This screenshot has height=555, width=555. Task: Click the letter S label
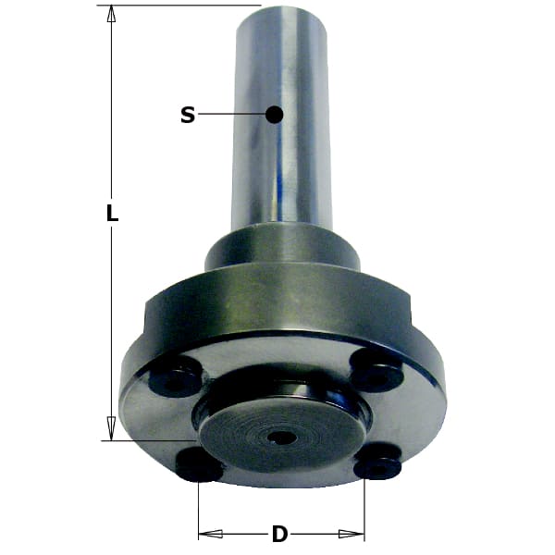(188, 115)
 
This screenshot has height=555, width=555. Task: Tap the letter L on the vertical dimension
(112, 214)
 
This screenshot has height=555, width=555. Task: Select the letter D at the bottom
(279, 534)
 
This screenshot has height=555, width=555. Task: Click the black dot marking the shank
(275, 115)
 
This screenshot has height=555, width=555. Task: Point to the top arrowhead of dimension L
(112, 14)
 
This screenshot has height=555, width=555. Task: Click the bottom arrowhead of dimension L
(112, 428)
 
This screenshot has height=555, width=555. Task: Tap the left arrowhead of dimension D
(210, 534)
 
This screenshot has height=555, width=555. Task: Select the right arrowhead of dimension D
(351, 534)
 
